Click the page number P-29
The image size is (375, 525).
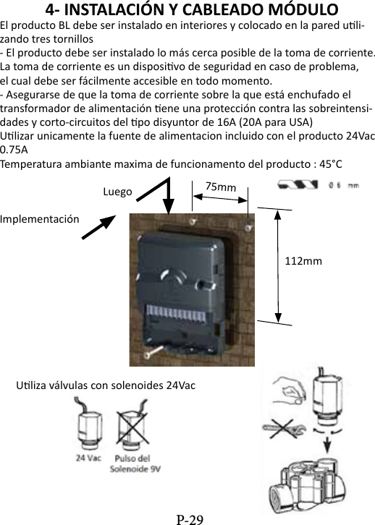pyautogui.click(x=190, y=518)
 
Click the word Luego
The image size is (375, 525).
pyautogui.click(x=117, y=192)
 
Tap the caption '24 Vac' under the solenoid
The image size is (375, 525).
pyautogui.click(x=88, y=458)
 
